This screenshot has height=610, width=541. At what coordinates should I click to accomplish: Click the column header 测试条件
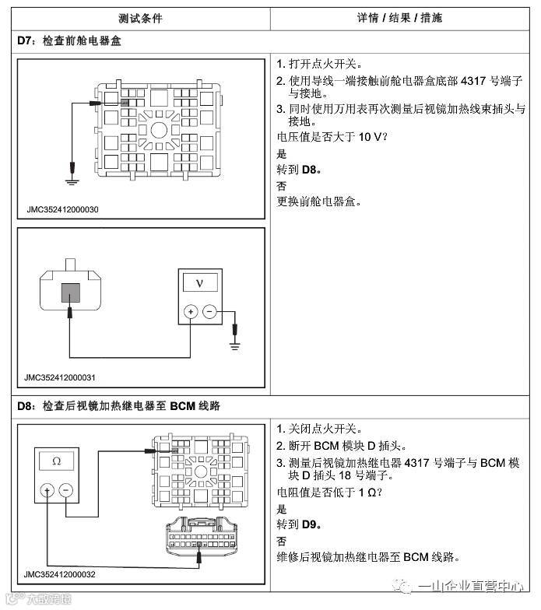[141, 17]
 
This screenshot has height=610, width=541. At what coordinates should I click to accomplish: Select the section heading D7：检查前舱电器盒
[69, 40]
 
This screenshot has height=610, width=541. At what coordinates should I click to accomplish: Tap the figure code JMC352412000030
[61, 210]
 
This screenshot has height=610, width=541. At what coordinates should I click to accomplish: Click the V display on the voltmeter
[200, 282]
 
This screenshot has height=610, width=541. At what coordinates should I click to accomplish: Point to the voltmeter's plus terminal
[189, 311]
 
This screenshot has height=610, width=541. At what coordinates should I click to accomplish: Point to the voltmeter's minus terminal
[209, 311]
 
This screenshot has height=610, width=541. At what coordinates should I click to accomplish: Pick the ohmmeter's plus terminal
[47, 490]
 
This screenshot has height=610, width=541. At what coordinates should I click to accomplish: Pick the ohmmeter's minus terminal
[66, 490]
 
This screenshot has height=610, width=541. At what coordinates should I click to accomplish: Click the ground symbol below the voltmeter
[234, 343]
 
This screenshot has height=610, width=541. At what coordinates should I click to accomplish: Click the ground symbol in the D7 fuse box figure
[71, 181]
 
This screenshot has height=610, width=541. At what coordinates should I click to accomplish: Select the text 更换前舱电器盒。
[318, 202]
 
